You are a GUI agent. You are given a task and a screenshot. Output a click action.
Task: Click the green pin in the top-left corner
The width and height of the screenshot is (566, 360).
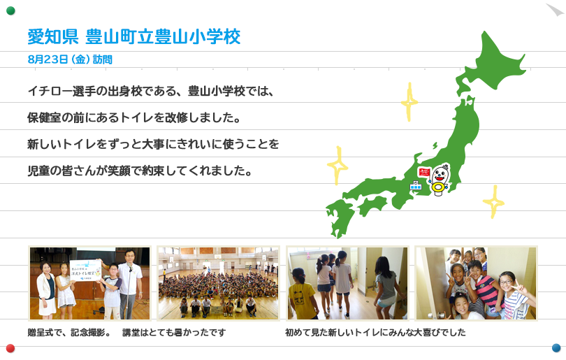click(10, 10)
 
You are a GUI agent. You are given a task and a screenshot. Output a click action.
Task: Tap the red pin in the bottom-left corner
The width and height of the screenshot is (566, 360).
click(10, 348)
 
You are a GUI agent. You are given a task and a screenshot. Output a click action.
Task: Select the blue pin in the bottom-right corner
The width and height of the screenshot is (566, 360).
click(556, 347)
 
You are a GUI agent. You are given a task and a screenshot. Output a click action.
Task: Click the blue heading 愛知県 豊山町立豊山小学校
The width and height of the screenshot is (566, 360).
click(134, 37)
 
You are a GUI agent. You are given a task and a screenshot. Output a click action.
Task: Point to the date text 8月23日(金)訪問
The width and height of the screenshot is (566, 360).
click(70, 59)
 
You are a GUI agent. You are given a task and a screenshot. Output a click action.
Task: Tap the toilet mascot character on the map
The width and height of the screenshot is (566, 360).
click(440, 180)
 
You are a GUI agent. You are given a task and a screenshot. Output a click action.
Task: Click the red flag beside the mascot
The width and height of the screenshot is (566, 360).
click(423, 172)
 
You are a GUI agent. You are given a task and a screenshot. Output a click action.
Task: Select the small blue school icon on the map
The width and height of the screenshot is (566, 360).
click(416, 186)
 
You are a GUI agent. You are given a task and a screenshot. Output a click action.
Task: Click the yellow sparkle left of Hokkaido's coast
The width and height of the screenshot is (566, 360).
click(409, 102)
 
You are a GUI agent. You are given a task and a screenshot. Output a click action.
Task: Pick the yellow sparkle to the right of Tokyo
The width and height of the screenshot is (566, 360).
click(494, 202)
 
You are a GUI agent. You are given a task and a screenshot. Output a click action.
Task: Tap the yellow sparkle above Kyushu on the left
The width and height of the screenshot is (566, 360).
click(338, 166)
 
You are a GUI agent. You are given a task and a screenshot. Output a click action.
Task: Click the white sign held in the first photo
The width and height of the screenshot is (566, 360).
click(85, 269)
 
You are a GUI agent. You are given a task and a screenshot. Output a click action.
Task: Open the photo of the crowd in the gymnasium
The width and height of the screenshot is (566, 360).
click(219, 283)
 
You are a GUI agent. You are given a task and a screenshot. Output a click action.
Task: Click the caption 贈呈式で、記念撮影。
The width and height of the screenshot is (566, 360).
click(70, 332)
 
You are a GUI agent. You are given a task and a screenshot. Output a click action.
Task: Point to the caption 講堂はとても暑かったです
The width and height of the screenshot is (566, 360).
click(174, 332)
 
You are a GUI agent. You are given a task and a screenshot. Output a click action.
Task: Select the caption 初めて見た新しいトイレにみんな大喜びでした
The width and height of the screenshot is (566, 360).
click(375, 332)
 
